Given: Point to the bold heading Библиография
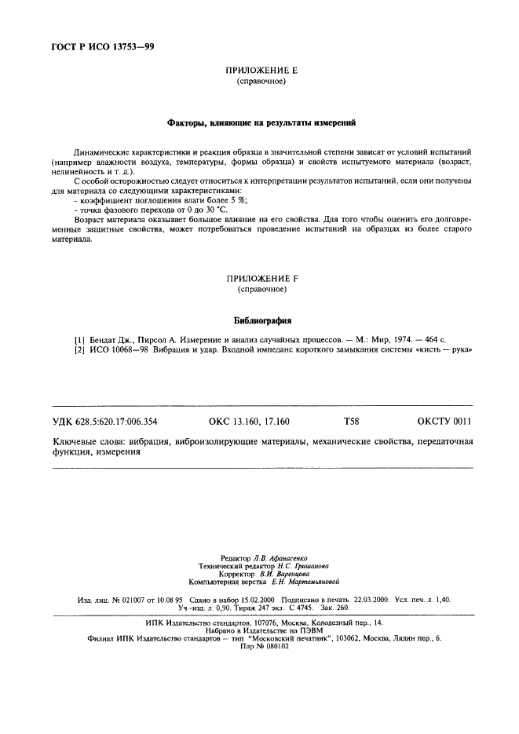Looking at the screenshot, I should pos(261,320).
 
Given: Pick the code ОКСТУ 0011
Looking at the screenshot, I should pos(444,422).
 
